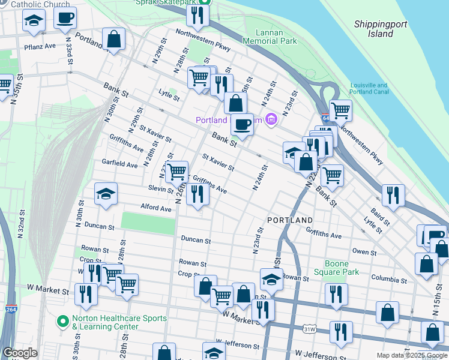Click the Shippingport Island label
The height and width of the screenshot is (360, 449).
point(381,29)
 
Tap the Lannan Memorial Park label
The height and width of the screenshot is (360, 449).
point(270,37)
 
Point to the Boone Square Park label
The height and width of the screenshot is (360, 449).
point(341,268)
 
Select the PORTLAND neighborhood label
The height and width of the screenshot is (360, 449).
point(290,220)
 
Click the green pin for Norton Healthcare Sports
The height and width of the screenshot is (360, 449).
point(62,322)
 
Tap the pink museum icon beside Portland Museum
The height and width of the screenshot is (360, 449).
point(272,119)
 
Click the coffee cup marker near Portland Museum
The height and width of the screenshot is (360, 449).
point(242,124)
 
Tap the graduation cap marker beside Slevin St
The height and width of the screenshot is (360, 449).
point(106,194)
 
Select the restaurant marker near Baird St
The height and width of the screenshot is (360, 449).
point(393,194)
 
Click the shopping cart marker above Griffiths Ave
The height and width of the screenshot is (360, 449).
point(176,172)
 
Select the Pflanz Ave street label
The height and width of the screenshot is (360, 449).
point(40,46)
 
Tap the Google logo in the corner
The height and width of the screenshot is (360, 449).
point(20,353)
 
